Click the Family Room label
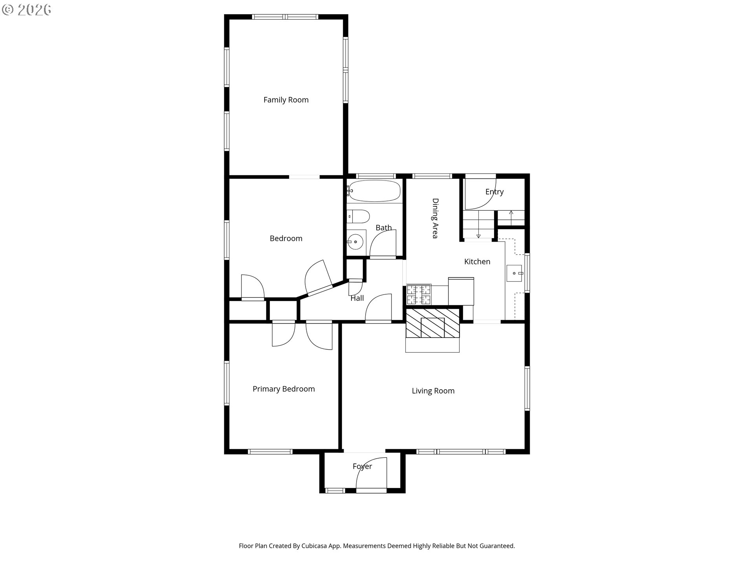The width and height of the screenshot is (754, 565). [x=286, y=100]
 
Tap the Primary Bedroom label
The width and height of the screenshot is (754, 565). [x=284, y=389]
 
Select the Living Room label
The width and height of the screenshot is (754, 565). [x=433, y=391]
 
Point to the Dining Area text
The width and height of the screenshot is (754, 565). [x=435, y=218]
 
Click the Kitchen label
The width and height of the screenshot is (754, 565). [x=477, y=262]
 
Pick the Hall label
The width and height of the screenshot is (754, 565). [x=357, y=298]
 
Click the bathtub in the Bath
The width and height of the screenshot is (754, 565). [x=374, y=191]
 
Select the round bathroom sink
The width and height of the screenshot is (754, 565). [x=356, y=242]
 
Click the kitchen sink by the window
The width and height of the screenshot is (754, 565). [x=514, y=273]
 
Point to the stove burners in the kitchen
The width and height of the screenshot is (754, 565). [x=419, y=295]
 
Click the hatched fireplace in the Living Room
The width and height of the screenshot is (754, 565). [x=432, y=323]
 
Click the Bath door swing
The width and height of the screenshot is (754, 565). [x=383, y=243]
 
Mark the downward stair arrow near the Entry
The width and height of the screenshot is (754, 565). [x=478, y=230]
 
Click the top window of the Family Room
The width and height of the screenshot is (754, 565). [x=285, y=17]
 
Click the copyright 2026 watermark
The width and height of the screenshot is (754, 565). [x=26, y=10]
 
